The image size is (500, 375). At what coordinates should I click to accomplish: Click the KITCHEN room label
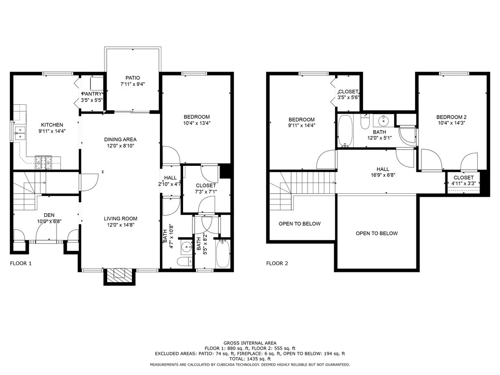(x=52, y=125)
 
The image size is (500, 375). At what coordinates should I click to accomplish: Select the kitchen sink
(x=20, y=133)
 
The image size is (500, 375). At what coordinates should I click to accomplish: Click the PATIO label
(x=132, y=78)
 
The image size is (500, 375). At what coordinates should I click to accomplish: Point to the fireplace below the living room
(x=119, y=275)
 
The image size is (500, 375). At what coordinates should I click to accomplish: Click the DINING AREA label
(x=120, y=140)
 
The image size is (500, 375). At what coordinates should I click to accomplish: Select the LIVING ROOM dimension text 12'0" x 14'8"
(x=120, y=225)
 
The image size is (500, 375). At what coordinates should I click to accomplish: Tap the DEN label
(x=49, y=215)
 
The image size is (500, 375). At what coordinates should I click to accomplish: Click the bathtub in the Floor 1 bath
(x=222, y=253)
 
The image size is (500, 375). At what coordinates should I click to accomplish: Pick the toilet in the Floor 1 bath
(x=184, y=262)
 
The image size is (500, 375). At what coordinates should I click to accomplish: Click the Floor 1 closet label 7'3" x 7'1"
(x=206, y=192)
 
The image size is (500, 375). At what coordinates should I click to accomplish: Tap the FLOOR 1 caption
(x=21, y=263)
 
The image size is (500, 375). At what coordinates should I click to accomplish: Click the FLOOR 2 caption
(x=277, y=263)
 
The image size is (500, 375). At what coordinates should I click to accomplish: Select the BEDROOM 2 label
(x=451, y=117)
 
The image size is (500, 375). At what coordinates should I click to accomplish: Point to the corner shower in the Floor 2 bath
(x=407, y=135)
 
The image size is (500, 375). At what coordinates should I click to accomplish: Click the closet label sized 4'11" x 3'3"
(x=464, y=183)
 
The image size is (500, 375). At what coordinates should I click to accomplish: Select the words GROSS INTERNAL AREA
(x=250, y=343)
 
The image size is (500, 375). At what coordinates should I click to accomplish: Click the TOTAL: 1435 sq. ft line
(x=250, y=359)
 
